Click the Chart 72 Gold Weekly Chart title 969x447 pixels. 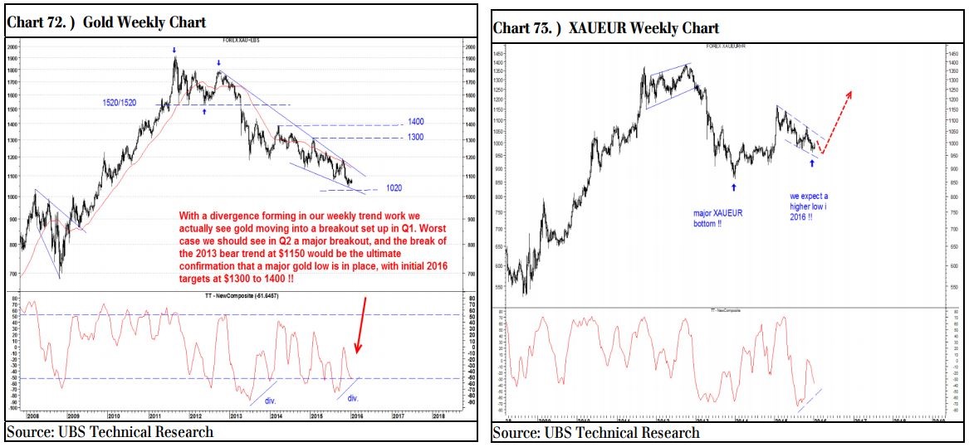[x=106, y=22]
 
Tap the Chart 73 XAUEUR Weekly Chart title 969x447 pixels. [x=605, y=27]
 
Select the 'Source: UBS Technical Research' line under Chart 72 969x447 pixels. [x=110, y=431]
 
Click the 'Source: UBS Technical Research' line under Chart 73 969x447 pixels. [x=596, y=433]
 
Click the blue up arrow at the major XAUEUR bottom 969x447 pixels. [x=733, y=188]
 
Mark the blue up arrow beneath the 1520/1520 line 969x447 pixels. [x=203, y=110]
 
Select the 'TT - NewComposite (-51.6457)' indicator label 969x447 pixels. [x=235, y=295]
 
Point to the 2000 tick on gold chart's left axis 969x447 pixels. [x=12, y=46]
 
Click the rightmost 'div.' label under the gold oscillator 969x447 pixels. [x=353, y=398]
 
